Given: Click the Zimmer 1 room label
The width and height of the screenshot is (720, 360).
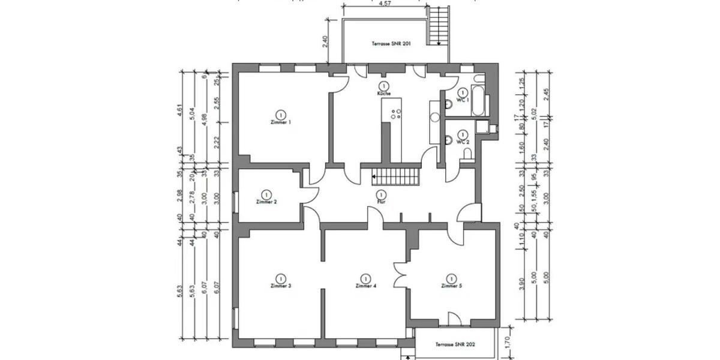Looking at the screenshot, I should point(280,122).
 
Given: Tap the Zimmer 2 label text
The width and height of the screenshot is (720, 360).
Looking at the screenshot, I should point(266,202).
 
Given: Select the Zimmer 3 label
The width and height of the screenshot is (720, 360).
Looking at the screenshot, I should point(280,286).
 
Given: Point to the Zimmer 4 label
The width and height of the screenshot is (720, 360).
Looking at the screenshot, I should point(365,286).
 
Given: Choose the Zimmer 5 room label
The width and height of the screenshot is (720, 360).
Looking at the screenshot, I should point(451,286).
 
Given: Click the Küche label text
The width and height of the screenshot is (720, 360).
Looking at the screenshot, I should point(384,94).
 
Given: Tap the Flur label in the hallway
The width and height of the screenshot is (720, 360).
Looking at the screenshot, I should point(380,202).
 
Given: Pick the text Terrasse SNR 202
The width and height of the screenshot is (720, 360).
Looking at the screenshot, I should point(455,346).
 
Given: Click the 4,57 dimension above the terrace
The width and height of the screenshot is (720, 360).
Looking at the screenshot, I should point(386,4).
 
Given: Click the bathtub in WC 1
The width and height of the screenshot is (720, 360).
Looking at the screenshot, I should point(478,100).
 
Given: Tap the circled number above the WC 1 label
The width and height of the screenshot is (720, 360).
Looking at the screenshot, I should point(463,92).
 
